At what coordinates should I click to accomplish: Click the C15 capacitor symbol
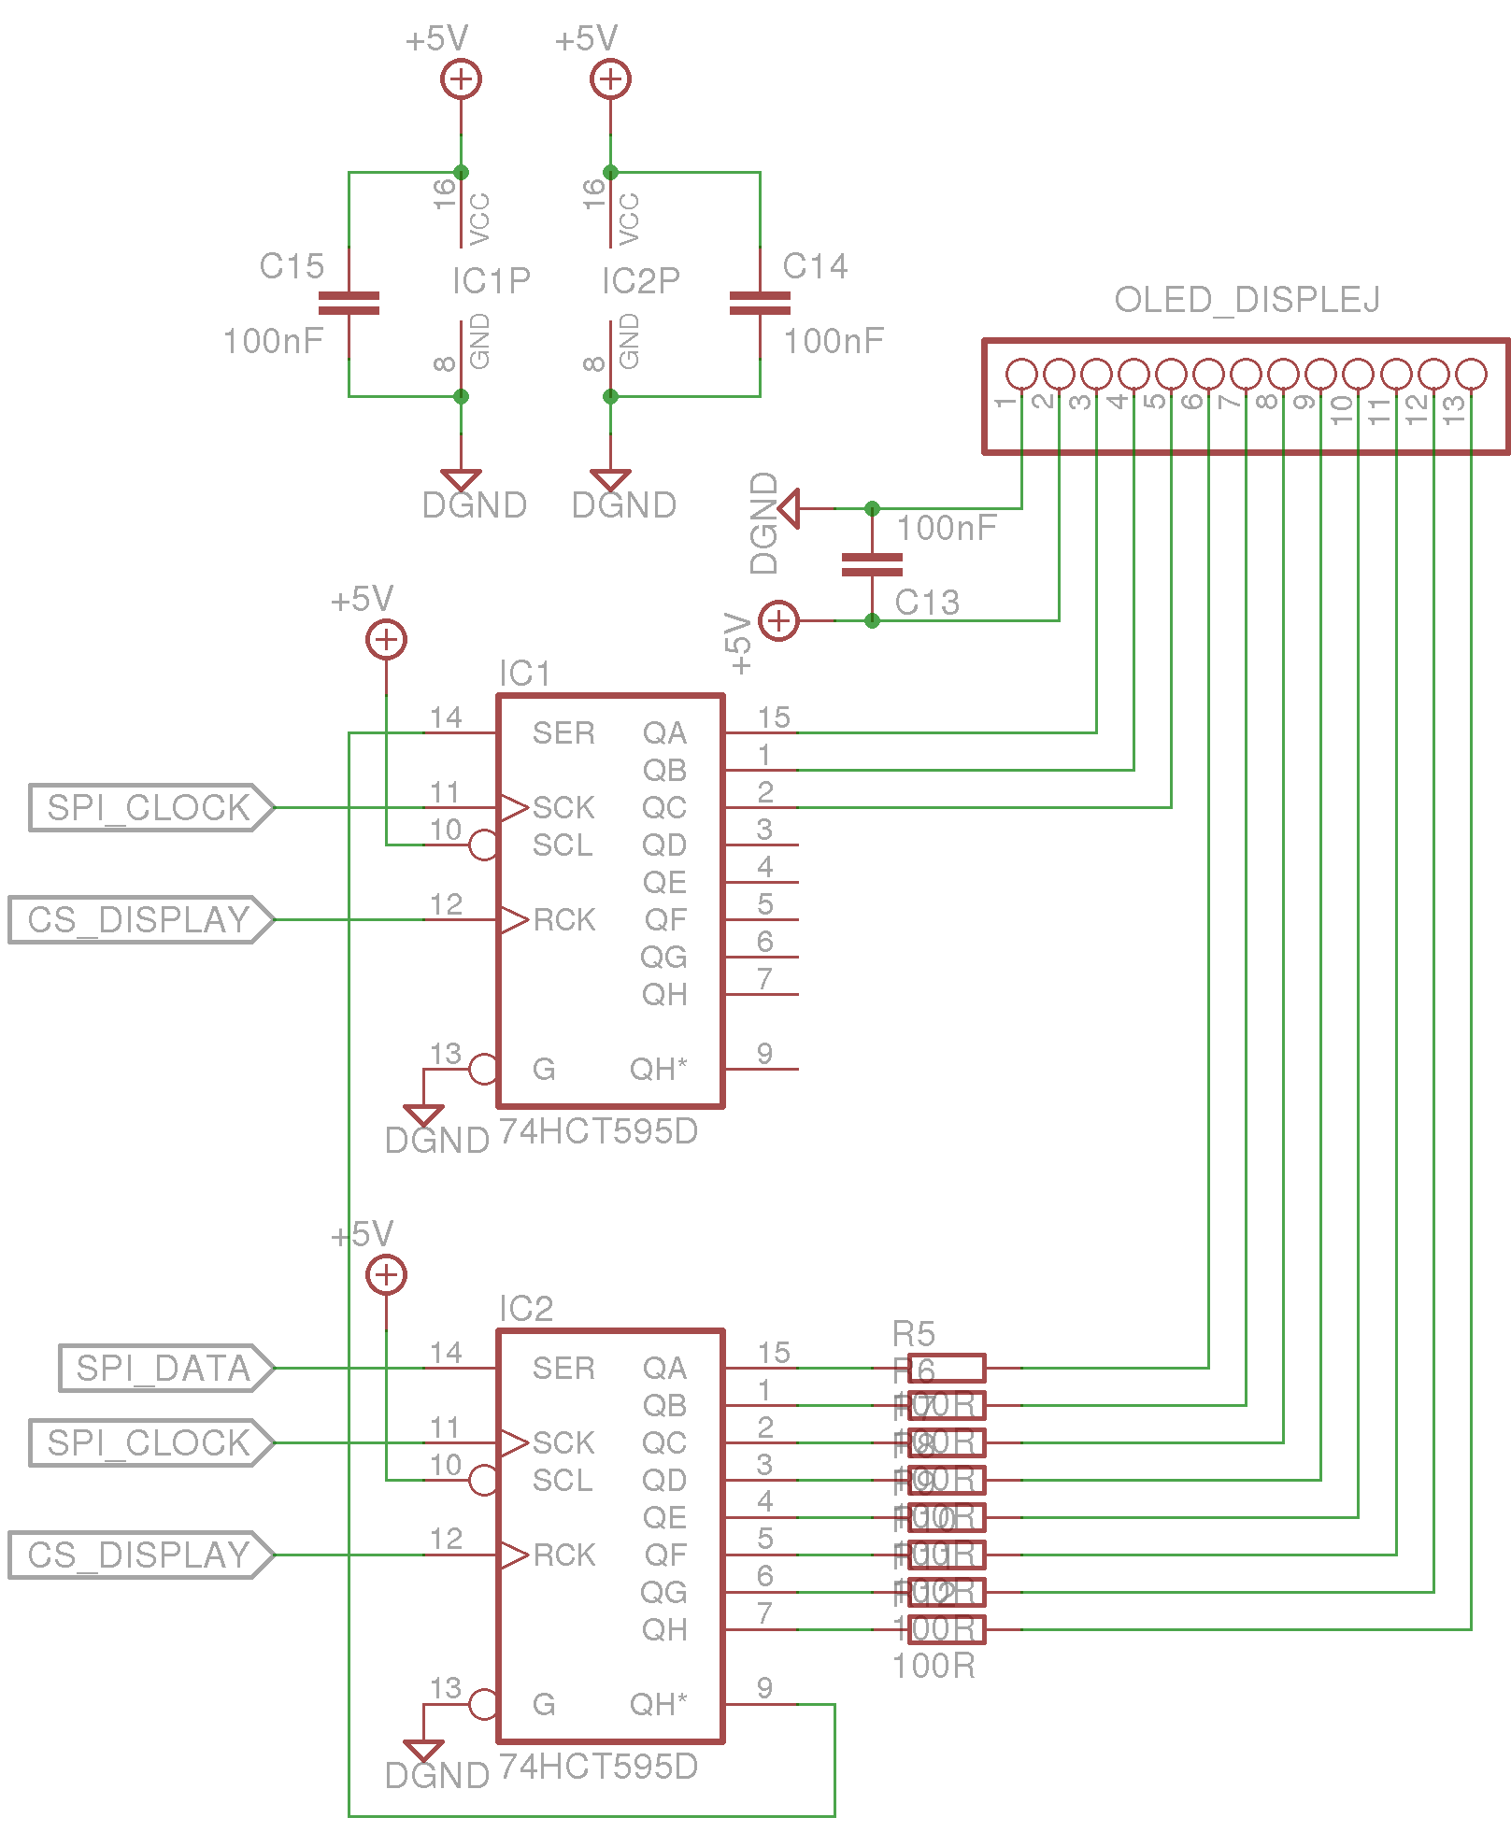pyautogui.click(x=349, y=303)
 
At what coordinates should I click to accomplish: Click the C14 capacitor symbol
pyautogui.click(x=760, y=303)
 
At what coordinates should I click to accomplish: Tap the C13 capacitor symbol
pyautogui.click(x=872, y=564)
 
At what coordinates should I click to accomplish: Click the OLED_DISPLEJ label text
pyautogui.click(x=1247, y=300)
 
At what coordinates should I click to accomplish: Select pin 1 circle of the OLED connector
pyautogui.click(x=1021, y=374)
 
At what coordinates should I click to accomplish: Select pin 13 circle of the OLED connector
pyautogui.click(x=1471, y=374)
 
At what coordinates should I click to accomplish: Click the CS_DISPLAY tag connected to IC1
pyautogui.click(x=140, y=919)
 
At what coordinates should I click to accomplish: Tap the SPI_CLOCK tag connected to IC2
pyautogui.click(x=150, y=1442)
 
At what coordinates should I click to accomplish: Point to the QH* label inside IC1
pyautogui.click(x=659, y=1069)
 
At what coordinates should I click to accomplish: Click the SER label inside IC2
pyautogui.click(x=563, y=1368)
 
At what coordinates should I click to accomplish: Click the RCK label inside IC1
pyautogui.click(x=564, y=919)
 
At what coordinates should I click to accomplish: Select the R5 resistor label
pyautogui.click(x=913, y=1333)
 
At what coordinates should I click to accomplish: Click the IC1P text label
pyautogui.click(x=491, y=280)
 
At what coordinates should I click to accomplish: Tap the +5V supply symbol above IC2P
pyautogui.click(x=610, y=78)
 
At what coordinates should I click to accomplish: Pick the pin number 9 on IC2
pyautogui.click(x=764, y=1687)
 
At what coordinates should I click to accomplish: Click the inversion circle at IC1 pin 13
pyautogui.click(x=483, y=1069)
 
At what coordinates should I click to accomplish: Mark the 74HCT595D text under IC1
pyautogui.click(x=598, y=1131)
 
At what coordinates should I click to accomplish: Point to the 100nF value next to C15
pyautogui.click(x=273, y=341)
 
